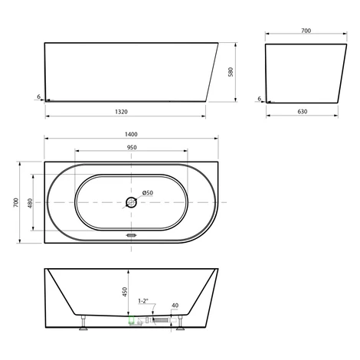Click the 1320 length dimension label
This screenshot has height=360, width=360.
point(121,112)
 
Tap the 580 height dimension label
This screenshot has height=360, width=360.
point(231,72)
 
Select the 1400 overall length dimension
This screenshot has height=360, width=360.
point(131,134)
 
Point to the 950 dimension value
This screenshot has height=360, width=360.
point(132,147)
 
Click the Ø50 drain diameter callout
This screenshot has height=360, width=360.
point(148,193)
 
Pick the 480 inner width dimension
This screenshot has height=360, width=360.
point(30,203)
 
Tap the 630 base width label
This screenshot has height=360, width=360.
point(303,111)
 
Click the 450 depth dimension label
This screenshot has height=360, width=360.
point(125,292)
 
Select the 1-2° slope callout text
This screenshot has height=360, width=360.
point(143,301)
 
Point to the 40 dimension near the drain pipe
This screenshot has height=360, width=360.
point(175,306)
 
